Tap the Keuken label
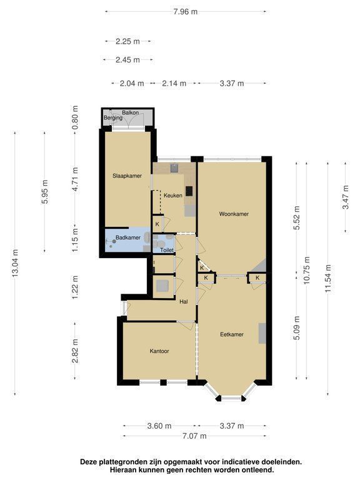tap(173, 195)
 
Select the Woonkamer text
tap(234, 214)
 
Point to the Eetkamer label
tap(232, 334)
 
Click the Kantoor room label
tap(159, 351)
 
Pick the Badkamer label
tap(128, 237)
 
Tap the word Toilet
tap(167, 250)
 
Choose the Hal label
tap(184, 301)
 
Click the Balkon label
tap(131, 112)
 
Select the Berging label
tap(113, 118)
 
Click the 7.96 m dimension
tap(186, 12)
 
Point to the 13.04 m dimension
tap(15, 263)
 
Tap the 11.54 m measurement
tap(328, 278)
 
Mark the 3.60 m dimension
tap(159, 426)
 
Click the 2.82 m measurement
tap(75, 351)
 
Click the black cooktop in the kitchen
tap(189, 191)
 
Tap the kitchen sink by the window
tap(174, 168)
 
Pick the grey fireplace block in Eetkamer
tap(262, 333)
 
